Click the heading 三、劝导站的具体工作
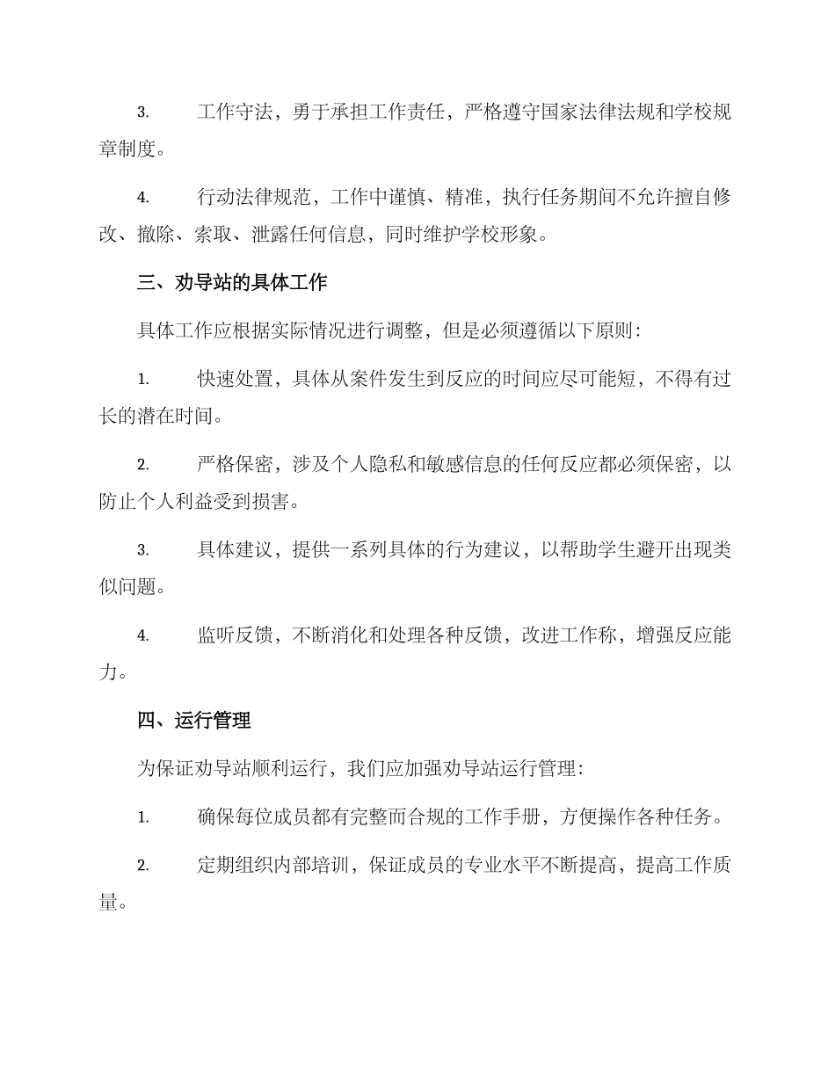tap(232, 283)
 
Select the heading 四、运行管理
tap(194, 721)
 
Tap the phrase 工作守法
tap(233, 112)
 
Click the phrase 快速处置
tap(233, 379)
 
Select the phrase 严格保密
tap(233, 464)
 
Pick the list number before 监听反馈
tap(142, 636)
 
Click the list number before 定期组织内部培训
tap(142, 866)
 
